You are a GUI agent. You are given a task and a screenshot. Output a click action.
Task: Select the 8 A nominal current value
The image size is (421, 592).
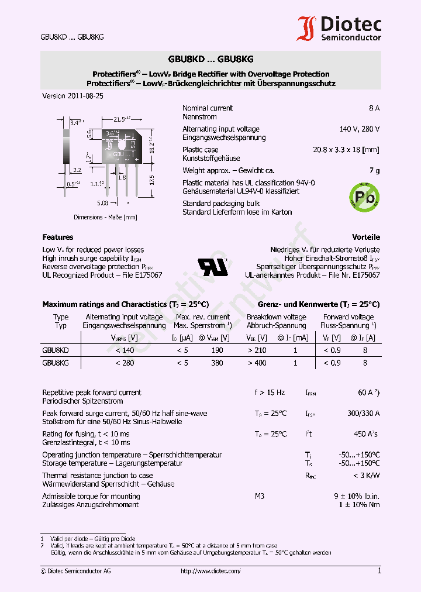pyautogui.click(x=374, y=108)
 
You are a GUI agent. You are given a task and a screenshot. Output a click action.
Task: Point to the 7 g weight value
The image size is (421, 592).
pyautogui.click(x=374, y=170)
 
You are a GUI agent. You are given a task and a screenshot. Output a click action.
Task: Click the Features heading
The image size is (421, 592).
pyautogui.click(x=58, y=237)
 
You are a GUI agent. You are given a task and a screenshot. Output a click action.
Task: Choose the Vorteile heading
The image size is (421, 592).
pyautogui.click(x=366, y=237)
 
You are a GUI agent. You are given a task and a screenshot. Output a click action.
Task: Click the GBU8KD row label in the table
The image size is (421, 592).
pyautogui.click(x=56, y=350)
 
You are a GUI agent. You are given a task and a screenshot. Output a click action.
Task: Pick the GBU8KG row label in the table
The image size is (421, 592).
pyautogui.click(x=56, y=363)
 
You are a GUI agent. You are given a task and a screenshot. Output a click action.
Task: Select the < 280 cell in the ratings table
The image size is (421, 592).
pyautogui.click(x=125, y=363)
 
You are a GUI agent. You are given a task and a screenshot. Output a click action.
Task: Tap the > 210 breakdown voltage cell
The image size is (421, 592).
pyautogui.click(x=257, y=350)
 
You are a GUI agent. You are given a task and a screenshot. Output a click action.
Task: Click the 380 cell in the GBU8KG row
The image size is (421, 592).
pyautogui.click(x=217, y=363)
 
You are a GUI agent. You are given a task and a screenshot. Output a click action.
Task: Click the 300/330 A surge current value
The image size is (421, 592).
pyautogui.click(x=363, y=413)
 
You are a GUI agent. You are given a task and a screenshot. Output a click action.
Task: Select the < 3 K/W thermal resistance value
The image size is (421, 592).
pyautogui.click(x=367, y=476)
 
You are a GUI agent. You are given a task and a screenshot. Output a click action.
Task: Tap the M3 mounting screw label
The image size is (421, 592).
pyautogui.click(x=260, y=496)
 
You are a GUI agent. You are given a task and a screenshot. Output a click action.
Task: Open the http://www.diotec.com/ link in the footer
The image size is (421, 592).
pyautogui.click(x=210, y=571)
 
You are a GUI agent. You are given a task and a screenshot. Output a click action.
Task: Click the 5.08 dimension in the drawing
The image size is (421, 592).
pyautogui.click(x=103, y=204)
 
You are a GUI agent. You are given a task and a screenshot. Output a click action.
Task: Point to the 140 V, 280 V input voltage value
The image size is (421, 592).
pyautogui.click(x=359, y=129)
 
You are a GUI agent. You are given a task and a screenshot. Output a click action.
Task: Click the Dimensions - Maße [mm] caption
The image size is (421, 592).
pyautogui.click(x=105, y=217)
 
